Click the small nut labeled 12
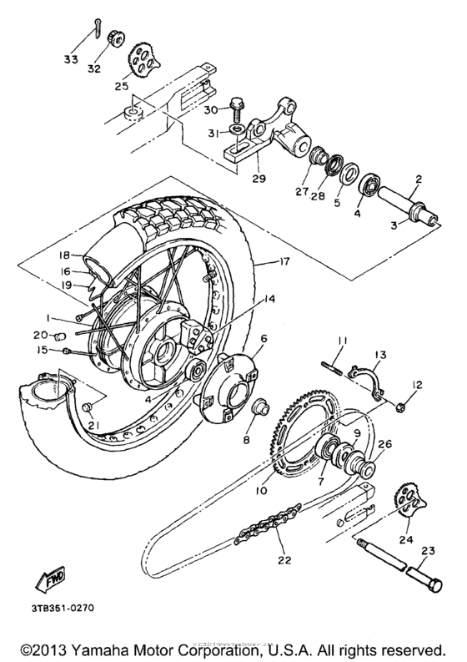coord(400,407)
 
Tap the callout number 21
coord(92,427)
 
